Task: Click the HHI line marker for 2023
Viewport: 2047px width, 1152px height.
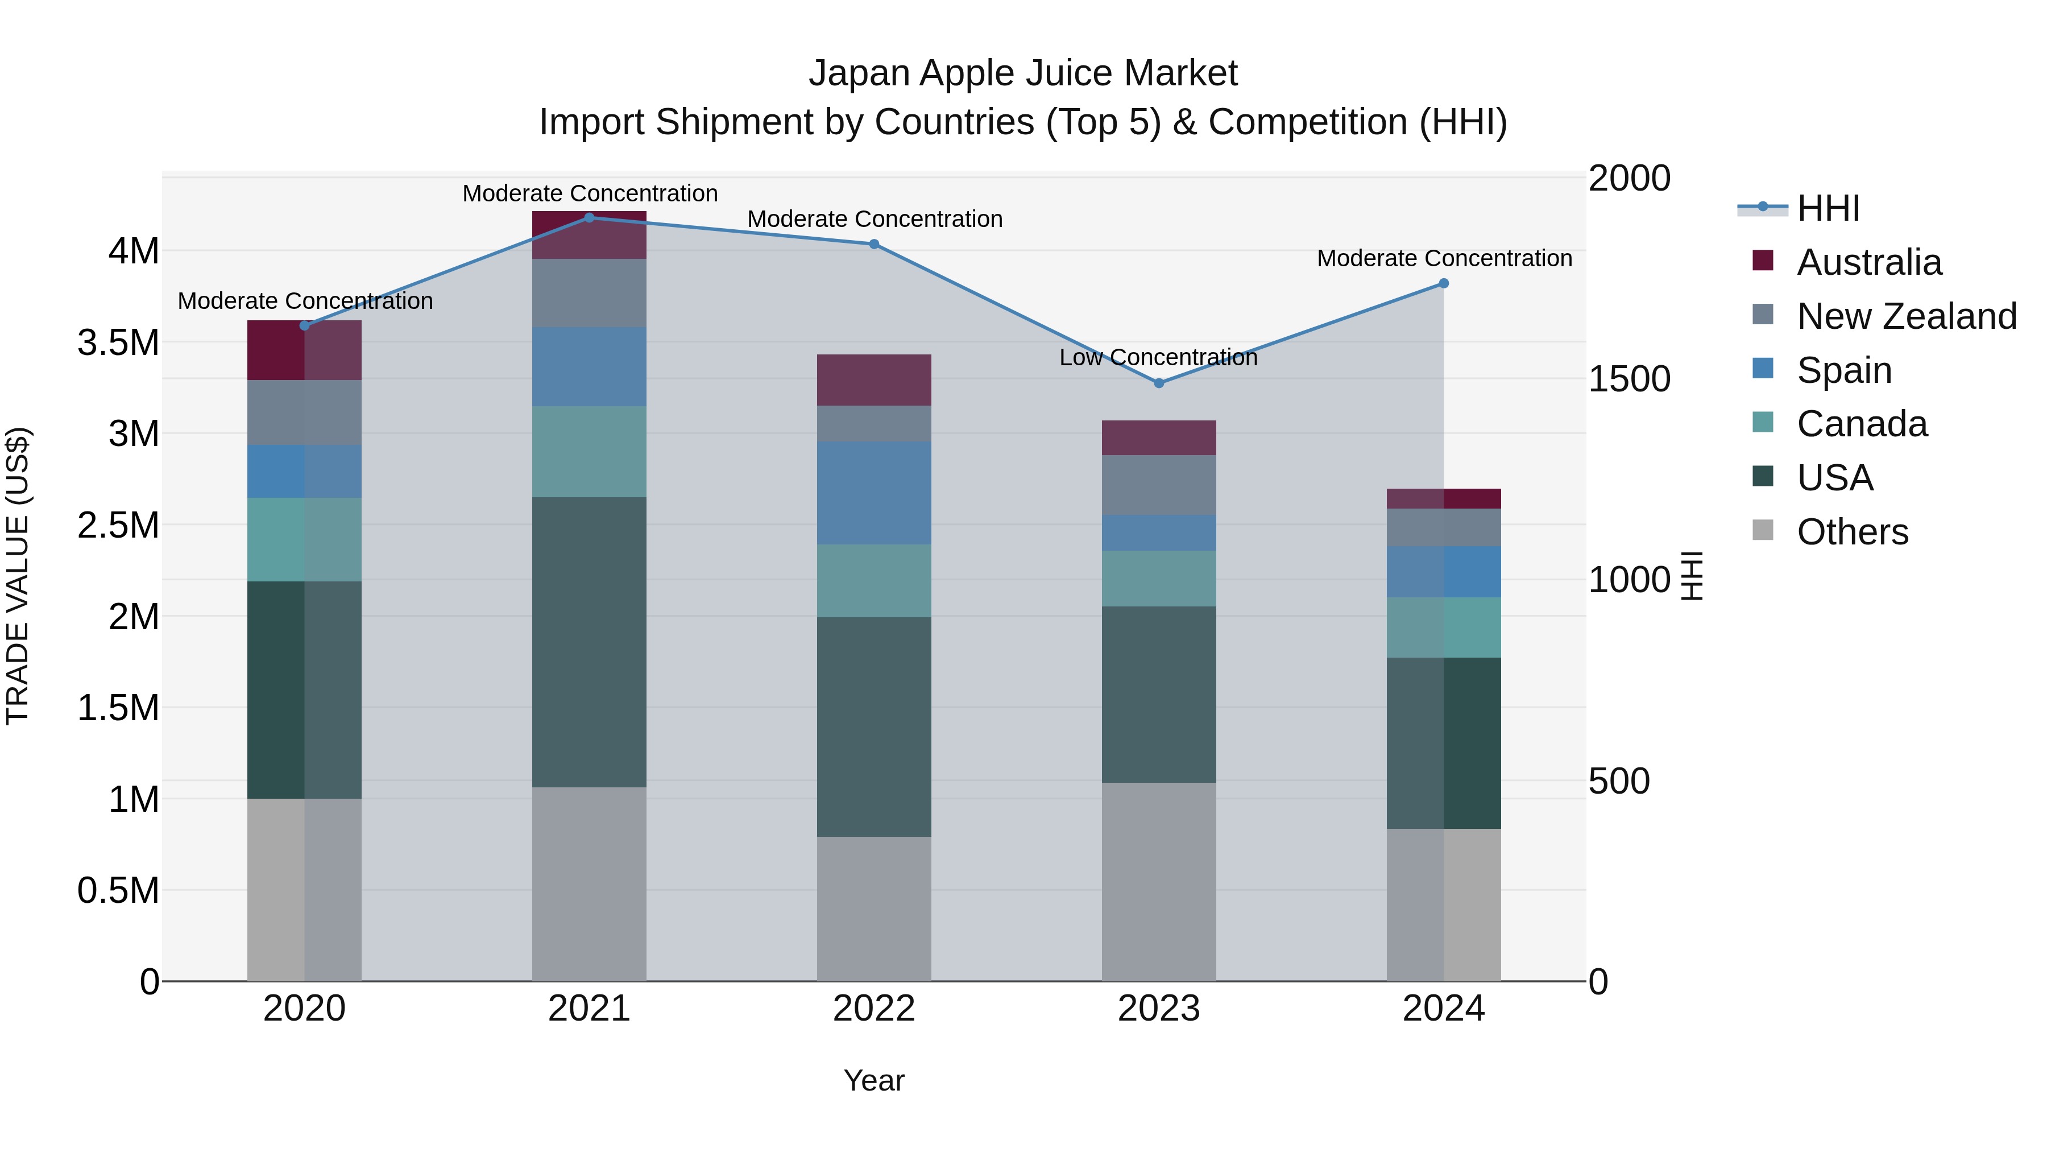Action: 1159,383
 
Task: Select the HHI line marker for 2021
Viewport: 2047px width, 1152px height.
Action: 589,218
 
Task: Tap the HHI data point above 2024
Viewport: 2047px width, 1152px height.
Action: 1444,284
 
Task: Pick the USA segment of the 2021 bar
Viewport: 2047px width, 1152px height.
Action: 589,642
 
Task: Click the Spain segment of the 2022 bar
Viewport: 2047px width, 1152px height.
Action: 874,493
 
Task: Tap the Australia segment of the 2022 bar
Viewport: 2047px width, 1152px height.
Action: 874,380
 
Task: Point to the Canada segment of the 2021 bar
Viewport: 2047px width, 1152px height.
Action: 589,452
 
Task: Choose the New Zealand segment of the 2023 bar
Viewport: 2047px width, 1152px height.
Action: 1159,485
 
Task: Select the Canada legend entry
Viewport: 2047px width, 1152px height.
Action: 1861,424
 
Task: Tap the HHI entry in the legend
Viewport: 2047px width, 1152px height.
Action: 1828,208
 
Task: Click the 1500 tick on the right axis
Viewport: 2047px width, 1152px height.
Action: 1629,379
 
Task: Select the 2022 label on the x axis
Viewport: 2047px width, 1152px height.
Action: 874,1009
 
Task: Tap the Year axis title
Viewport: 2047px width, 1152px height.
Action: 874,1080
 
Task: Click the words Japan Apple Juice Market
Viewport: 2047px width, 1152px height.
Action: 1023,73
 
